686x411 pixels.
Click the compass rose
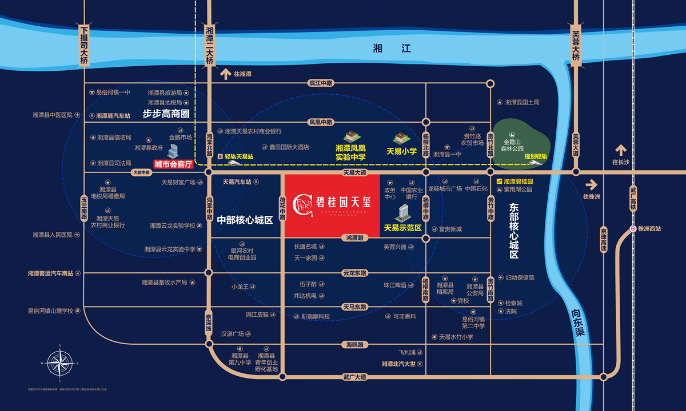[59, 363]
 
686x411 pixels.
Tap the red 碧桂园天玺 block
[332, 205]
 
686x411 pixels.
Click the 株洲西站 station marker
[633, 229]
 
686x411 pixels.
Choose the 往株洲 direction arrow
[591, 185]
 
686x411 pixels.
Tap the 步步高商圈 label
[166, 113]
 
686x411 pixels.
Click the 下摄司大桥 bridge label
[85, 45]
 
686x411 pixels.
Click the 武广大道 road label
[354, 377]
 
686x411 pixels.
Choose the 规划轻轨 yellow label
[536, 156]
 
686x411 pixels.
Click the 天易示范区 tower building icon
[402, 212]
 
